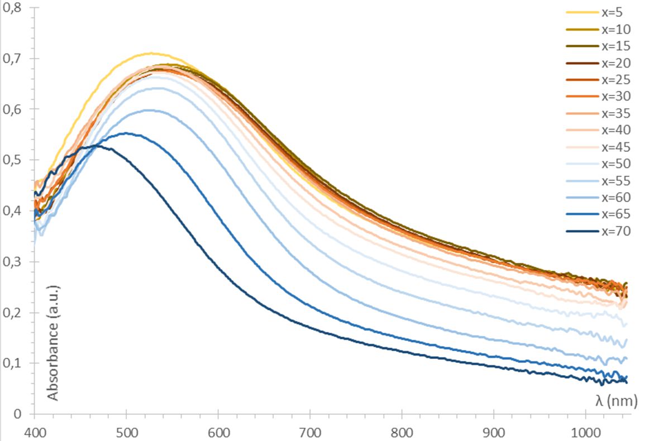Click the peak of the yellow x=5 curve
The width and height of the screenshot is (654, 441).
click(x=151, y=54)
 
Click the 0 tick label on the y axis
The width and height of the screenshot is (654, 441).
click(x=18, y=414)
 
